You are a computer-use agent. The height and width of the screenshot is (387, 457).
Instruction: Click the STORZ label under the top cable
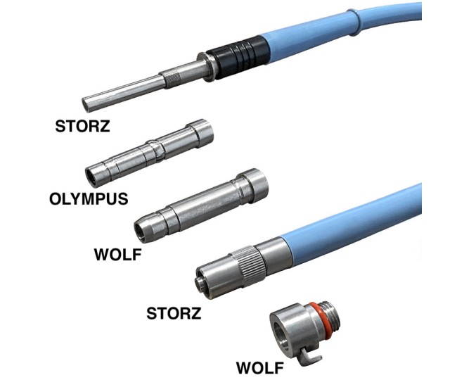click(82, 126)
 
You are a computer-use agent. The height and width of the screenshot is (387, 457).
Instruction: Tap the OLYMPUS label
click(89, 198)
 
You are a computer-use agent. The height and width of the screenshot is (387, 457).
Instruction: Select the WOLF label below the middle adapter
click(118, 254)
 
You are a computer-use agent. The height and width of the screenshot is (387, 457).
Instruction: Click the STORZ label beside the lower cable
click(174, 313)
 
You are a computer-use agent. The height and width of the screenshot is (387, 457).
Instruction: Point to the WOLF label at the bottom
click(260, 368)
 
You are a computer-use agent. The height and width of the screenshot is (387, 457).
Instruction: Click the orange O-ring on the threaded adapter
click(320, 320)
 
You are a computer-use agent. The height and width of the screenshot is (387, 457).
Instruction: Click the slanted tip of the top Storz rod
click(86, 104)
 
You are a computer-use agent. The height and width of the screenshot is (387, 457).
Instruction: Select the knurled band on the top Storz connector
click(170, 78)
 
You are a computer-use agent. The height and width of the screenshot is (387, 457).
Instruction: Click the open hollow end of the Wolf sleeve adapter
click(141, 232)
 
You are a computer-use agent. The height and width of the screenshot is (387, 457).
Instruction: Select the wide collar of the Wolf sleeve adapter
click(252, 185)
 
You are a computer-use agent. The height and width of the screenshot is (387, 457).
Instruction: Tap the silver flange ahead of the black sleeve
click(207, 68)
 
